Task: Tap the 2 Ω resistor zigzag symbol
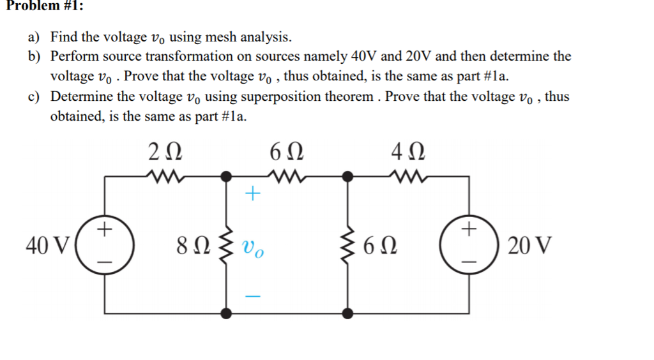coord(165,176)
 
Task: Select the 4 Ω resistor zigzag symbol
coord(409,176)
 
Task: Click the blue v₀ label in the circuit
coord(252,246)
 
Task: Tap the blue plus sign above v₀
coord(253,194)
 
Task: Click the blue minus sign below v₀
coord(253,296)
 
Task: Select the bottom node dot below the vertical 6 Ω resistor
coord(347,313)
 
